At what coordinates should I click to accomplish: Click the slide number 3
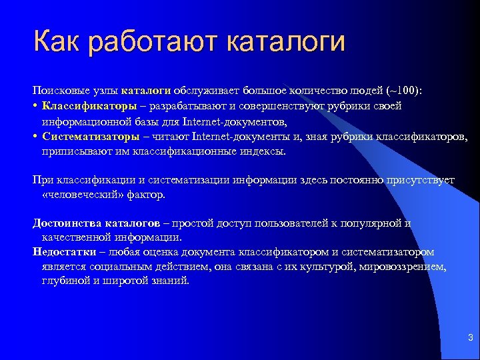coord(470,338)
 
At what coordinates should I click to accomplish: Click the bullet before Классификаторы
coord(35,107)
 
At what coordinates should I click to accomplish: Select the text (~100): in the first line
coord(409,91)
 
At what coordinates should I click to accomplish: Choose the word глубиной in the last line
coord(61,281)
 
